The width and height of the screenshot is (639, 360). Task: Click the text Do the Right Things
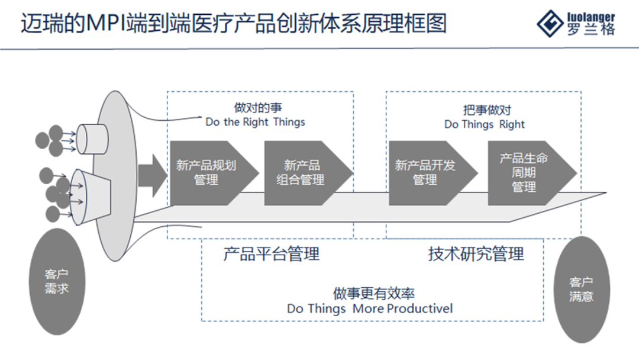(x=255, y=123)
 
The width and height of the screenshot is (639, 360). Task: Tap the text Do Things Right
(x=485, y=124)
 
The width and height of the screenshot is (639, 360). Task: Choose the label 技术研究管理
(x=476, y=254)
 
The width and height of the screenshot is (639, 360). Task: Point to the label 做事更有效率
(x=373, y=294)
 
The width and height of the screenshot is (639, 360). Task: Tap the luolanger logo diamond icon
(x=550, y=23)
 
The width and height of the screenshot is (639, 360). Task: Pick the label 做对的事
(x=255, y=108)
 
